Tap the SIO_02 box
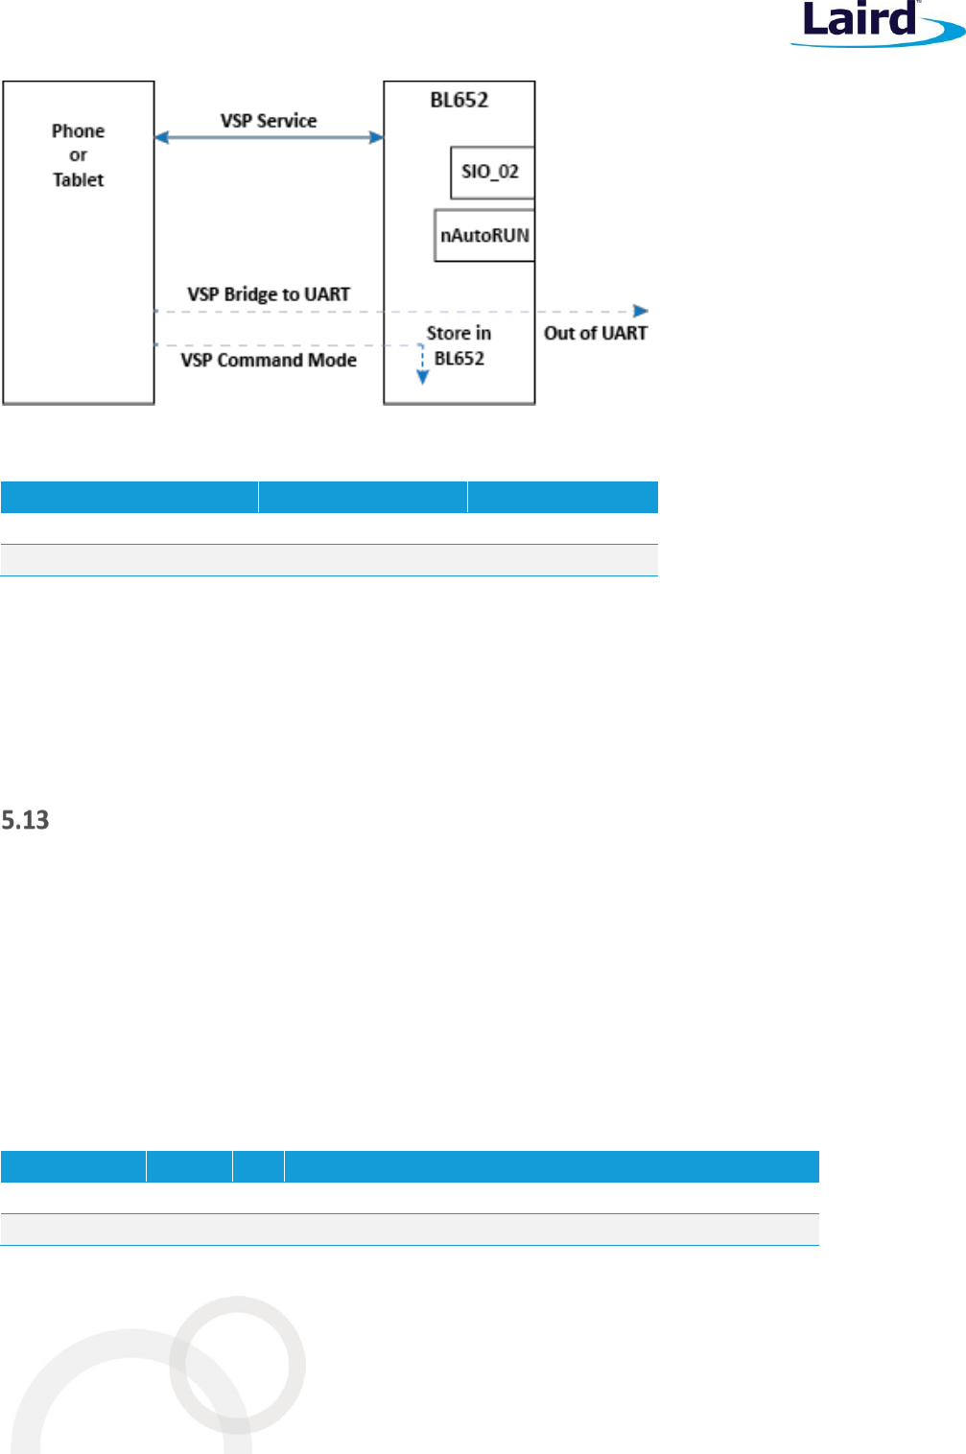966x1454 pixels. [x=491, y=173]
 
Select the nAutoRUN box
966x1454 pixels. [x=484, y=235]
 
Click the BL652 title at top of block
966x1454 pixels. [x=459, y=100]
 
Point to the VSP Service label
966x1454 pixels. [x=269, y=121]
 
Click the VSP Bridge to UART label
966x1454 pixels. [x=269, y=294]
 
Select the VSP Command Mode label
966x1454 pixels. [x=269, y=361]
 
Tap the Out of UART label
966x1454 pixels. [x=596, y=333]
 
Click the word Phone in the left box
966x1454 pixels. [x=79, y=131]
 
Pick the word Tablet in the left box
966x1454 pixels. [x=79, y=180]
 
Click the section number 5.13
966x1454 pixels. [x=25, y=820]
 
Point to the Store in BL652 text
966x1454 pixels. [x=459, y=345]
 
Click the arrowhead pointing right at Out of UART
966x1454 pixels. [x=641, y=311]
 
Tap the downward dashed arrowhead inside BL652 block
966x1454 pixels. [x=422, y=378]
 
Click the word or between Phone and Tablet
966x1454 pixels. [x=79, y=155]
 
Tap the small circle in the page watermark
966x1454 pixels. [x=238, y=1364]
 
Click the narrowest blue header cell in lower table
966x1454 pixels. [x=258, y=1166]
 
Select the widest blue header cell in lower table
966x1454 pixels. [x=552, y=1166]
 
